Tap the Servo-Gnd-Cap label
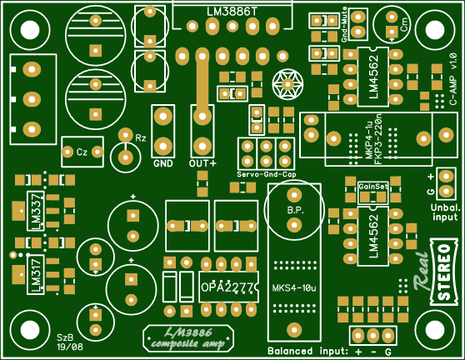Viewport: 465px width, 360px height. point(267,173)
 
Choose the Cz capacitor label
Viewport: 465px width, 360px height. point(82,152)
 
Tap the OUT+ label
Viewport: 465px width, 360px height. point(202,163)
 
